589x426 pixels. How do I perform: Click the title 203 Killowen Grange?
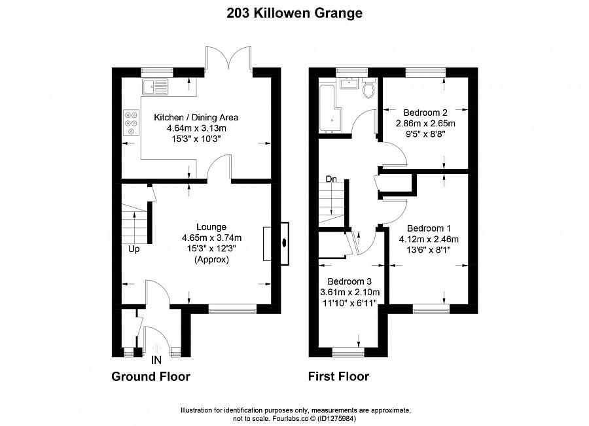pyautogui.click(x=294, y=12)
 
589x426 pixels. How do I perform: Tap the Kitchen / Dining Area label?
pyautogui.click(x=196, y=118)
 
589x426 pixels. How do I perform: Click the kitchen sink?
pyautogui.click(x=154, y=84)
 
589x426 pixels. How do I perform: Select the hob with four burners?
pyautogui.click(x=131, y=123)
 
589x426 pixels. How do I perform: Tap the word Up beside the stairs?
pyautogui.click(x=134, y=249)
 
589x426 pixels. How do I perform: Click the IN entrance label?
pyautogui.click(x=156, y=360)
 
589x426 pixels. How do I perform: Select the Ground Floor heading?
pyautogui.click(x=151, y=376)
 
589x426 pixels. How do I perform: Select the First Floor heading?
pyautogui.click(x=338, y=376)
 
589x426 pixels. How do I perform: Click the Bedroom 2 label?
pyautogui.click(x=425, y=112)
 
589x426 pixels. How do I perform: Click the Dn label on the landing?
pyautogui.click(x=331, y=179)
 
